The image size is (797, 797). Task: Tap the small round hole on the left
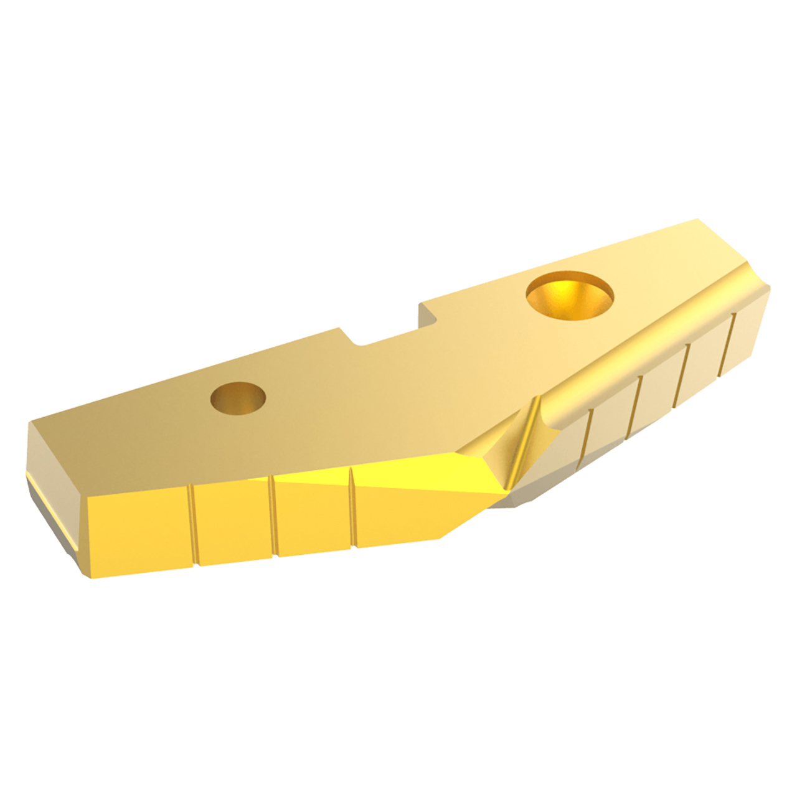point(238,397)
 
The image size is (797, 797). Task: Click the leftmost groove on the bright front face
point(192,524)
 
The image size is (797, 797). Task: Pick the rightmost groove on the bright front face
point(352,507)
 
